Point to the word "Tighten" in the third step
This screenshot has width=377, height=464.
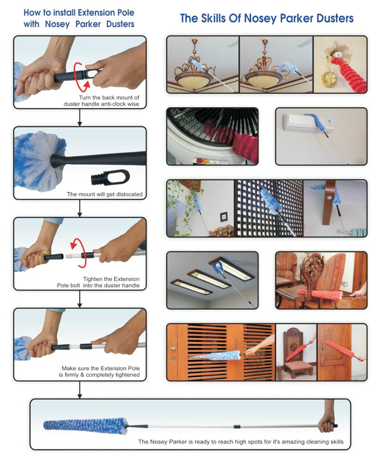pyautogui.click(x=92, y=279)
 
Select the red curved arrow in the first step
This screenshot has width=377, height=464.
pyautogui.click(x=81, y=77)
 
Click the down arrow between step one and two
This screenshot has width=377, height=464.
pyautogui.click(x=80, y=117)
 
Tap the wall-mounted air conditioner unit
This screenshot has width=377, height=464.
pyautogui.click(x=308, y=122)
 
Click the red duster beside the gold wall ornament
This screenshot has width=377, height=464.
pyautogui.click(x=350, y=74)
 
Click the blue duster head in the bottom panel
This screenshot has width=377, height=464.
pyautogui.click(x=85, y=426)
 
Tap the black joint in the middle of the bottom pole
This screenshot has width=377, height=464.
pyautogui.click(x=237, y=426)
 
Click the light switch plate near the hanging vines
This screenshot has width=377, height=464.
pyautogui.click(x=223, y=217)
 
